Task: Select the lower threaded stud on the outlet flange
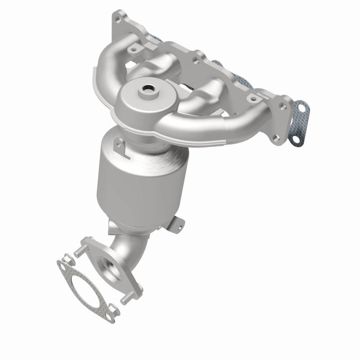(x=128, y=297)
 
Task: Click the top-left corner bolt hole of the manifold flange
(x=118, y=19)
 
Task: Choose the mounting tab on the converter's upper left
(x=119, y=145)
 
